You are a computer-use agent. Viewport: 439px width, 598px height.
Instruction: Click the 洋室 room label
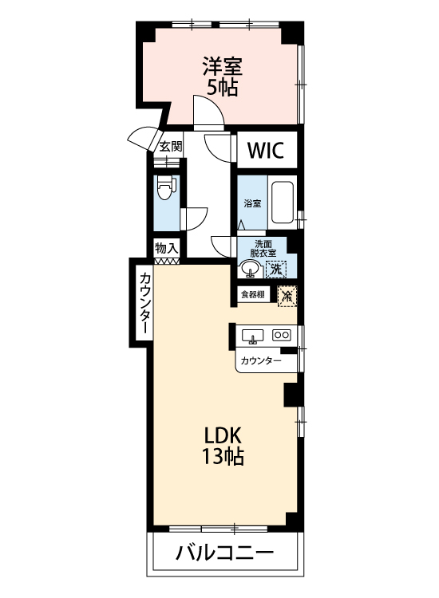pos(222,66)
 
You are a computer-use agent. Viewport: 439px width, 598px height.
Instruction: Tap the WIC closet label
pos(266,150)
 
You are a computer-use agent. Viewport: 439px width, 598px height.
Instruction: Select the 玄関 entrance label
pos(170,146)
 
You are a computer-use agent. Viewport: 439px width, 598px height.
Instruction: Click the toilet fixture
pos(166,187)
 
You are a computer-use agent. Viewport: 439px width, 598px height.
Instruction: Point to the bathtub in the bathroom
pos(282,203)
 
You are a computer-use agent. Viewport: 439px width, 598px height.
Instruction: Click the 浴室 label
pos(253,203)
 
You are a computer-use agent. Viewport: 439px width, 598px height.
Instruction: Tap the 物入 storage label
pos(167,249)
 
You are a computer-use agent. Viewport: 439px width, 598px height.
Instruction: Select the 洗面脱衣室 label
pos(263,248)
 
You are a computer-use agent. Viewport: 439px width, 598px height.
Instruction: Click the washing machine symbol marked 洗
pos(276,269)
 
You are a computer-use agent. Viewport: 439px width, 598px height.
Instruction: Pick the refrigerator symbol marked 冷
pos(287,295)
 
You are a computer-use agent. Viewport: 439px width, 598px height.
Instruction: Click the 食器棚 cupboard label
pos(253,295)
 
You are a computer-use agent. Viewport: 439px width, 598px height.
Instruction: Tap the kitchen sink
pos(252,336)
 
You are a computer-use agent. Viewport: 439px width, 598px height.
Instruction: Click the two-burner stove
pos(282,335)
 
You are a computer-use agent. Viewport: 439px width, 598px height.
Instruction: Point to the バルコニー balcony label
pos(224,552)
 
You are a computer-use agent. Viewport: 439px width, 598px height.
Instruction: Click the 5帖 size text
pos(223,88)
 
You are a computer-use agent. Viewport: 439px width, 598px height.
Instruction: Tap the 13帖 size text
pos(223,456)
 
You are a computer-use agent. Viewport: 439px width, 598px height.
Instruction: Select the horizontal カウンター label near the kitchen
pos(261,360)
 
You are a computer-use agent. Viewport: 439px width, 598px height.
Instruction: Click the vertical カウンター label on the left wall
pos(145,303)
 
